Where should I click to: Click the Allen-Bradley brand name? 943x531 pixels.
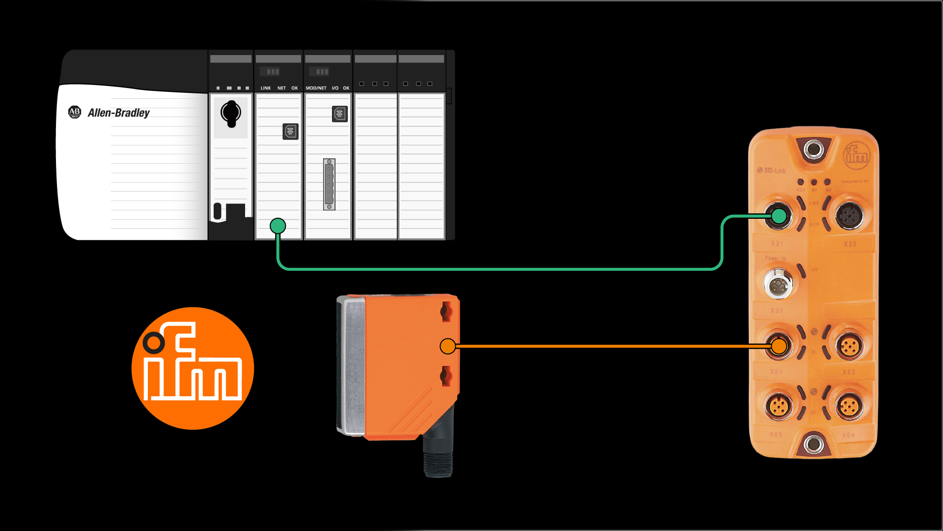[x=118, y=113]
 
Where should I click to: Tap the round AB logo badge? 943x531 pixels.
[x=74, y=112]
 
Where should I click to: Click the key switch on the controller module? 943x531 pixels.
[x=230, y=113]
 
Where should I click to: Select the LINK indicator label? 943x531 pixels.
[x=265, y=88]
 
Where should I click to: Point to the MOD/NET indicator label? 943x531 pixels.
[x=316, y=88]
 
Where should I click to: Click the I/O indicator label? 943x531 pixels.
[x=335, y=88]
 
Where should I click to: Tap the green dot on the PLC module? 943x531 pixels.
[x=278, y=226]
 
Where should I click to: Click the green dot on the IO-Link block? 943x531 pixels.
[x=778, y=216]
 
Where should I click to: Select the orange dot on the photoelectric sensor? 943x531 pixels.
[x=447, y=346]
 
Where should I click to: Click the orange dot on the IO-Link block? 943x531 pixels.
[x=778, y=346]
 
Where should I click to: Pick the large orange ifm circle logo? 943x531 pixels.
[x=193, y=368]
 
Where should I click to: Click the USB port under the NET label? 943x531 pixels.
[x=290, y=131]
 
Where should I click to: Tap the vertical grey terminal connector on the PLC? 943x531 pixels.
[x=329, y=184]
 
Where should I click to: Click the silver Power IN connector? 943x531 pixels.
[x=778, y=284]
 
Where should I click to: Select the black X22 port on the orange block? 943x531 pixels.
[x=849, y=216]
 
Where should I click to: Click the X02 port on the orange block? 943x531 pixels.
[x=849, y=346]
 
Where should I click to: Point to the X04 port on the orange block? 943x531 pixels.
[x=849, y=407]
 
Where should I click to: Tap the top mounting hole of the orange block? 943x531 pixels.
[x=813, y=148]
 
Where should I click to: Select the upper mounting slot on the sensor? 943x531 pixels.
[x=446, y=312]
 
